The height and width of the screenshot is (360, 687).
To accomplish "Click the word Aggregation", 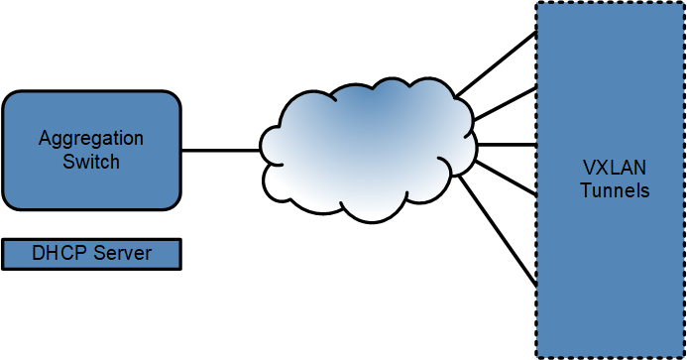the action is [90, 138].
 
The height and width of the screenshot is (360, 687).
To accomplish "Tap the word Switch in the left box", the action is [90, 161].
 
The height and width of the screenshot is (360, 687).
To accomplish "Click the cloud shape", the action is [367, 149].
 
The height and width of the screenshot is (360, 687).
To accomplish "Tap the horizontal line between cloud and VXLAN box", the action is [506, 145].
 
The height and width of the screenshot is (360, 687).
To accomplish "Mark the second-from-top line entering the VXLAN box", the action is [506, 105].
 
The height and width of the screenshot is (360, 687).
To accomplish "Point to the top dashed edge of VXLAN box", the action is [610, 3].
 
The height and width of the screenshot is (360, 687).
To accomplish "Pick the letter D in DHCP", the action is [39, 253].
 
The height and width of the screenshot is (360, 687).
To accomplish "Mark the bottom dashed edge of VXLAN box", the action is [610, 357].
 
